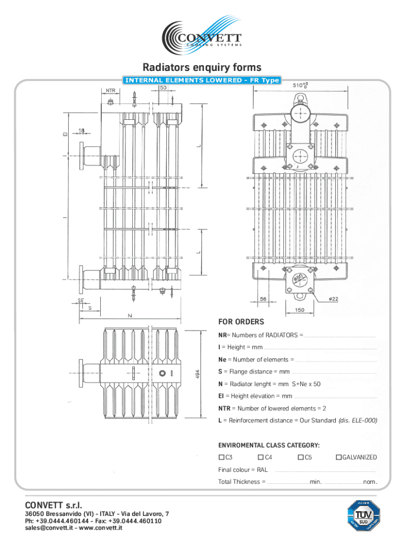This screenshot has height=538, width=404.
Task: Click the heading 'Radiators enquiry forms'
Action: [x=202, y=67]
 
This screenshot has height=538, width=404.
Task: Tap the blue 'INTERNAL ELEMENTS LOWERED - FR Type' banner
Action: [x=201, y=80]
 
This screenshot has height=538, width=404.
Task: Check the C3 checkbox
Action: [x=221, y=457]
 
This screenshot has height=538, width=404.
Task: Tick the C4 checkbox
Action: [x=261, y=457]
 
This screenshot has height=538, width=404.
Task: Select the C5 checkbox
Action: [x=300, y=457]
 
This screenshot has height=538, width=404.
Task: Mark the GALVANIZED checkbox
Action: [x=338, y=457]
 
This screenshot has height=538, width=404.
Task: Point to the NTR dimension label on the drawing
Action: [x=110, y=90]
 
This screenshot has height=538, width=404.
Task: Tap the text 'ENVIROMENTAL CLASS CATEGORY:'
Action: [x=269, y=445]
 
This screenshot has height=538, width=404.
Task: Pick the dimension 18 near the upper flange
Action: [x=82, y=130]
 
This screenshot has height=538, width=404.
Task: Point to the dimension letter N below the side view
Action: [x=130, y=316]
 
